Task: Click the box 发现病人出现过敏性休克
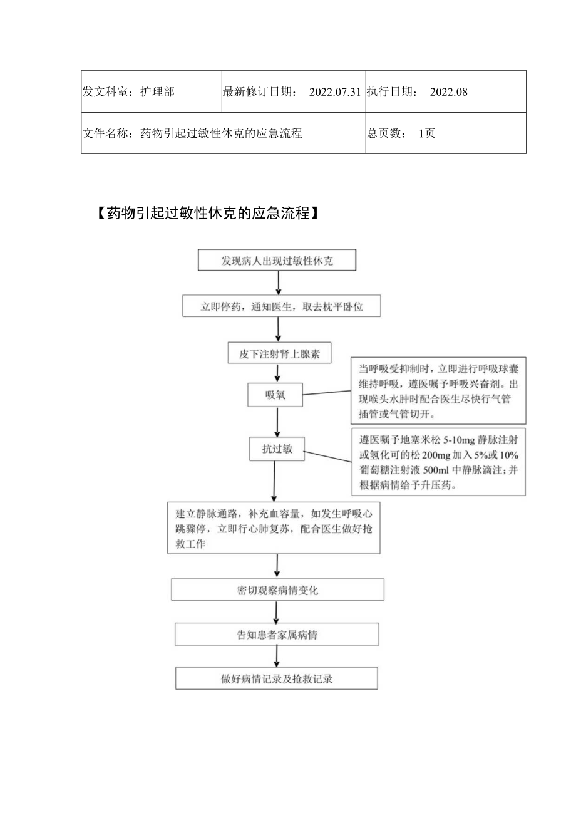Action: pos(277,261)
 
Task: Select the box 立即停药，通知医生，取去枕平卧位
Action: pos(280,307)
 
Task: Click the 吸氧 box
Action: pos(275,395)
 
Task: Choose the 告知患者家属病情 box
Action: pos(277,635)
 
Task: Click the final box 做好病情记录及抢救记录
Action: pos(276,678)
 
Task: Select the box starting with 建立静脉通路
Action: pos(274,527)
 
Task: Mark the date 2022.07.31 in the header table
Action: pos(335,92)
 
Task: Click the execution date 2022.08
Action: pos(449,92)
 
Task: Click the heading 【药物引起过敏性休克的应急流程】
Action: pos(208,213)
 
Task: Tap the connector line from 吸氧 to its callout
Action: pos(327,393)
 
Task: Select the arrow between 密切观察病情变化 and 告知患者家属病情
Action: pos(277,612)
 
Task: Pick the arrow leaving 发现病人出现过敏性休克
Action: pos(279,283)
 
